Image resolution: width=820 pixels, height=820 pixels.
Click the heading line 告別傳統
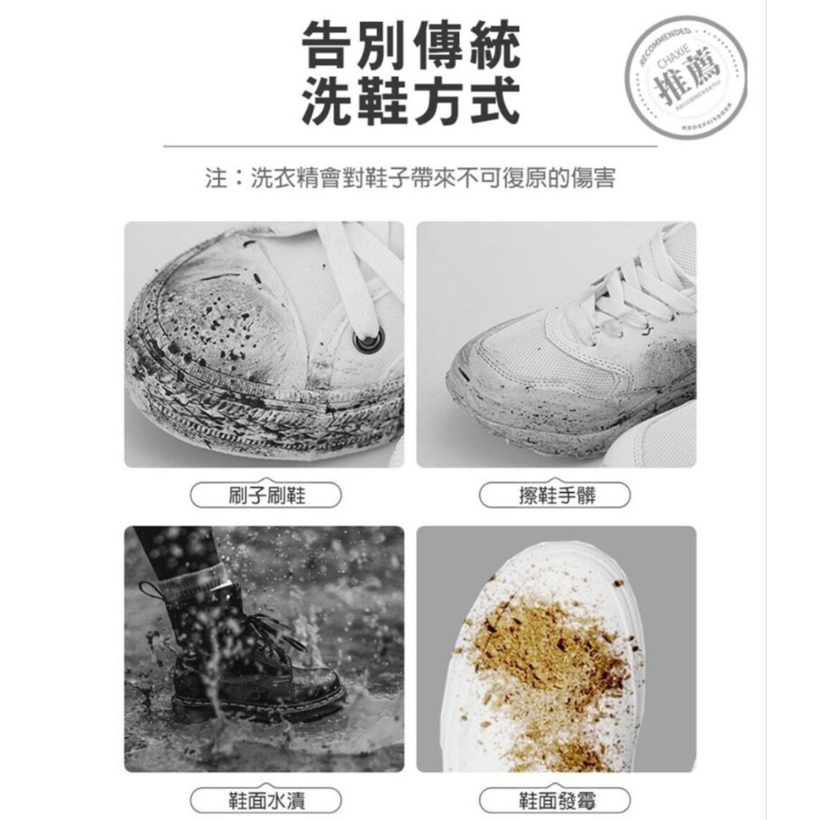click(x=410, y=47)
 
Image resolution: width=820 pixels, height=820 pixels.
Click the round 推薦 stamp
click(x=690, y=78)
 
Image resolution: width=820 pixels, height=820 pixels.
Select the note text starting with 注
click(x=410, y=177)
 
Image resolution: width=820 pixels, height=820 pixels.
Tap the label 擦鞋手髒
click(x=556, y=495)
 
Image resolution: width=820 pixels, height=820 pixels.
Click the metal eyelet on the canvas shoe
click(x=362, y=341)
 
